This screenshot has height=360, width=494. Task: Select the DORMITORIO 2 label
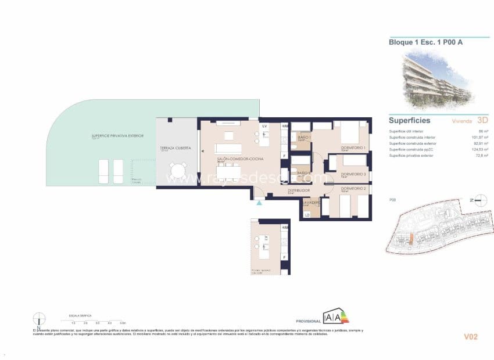(353, 189)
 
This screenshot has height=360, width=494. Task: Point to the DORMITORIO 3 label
(353, 174)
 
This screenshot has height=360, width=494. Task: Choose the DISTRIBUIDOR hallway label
(298, 190)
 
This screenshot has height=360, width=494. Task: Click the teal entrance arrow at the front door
(259, 202)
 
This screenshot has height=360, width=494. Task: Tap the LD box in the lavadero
(307, 215)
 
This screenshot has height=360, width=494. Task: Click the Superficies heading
(409, 121)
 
